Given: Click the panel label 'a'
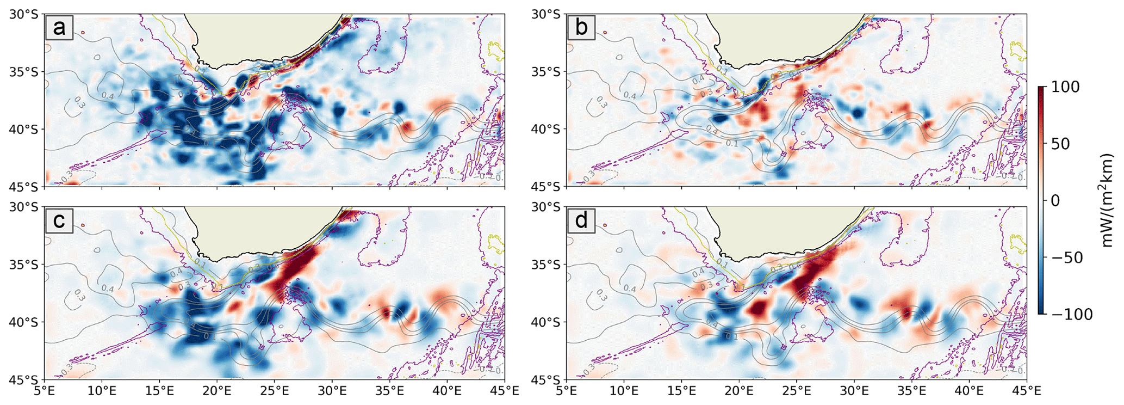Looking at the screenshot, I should pyautogui.click(x=59, y=28).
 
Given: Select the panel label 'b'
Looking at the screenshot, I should pyautogui.click(x=581, y=28).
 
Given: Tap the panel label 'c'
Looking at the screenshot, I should pyautogui.click(x=59, y=220).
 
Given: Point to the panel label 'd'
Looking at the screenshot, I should pyautogui.click(x=581, y=220).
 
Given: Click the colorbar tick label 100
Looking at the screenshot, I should pyautogui.click(x=1066, y=87).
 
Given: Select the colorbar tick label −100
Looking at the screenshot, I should pyautogui.click(x=1072, y=314).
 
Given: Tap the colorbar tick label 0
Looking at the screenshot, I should pyautogui.click(x=1055, y=201).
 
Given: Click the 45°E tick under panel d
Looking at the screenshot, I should pyautogui.click(x=1026, y=391).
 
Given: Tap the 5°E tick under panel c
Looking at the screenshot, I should pyautogui.click(x=46, y=391).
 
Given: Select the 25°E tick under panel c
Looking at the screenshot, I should pyautogui.click(x=275, y=391).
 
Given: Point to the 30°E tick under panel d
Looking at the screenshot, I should pyautogui.click(x=854, y=391).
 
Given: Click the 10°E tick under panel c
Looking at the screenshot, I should pyautogui.click(x=102, y=391).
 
